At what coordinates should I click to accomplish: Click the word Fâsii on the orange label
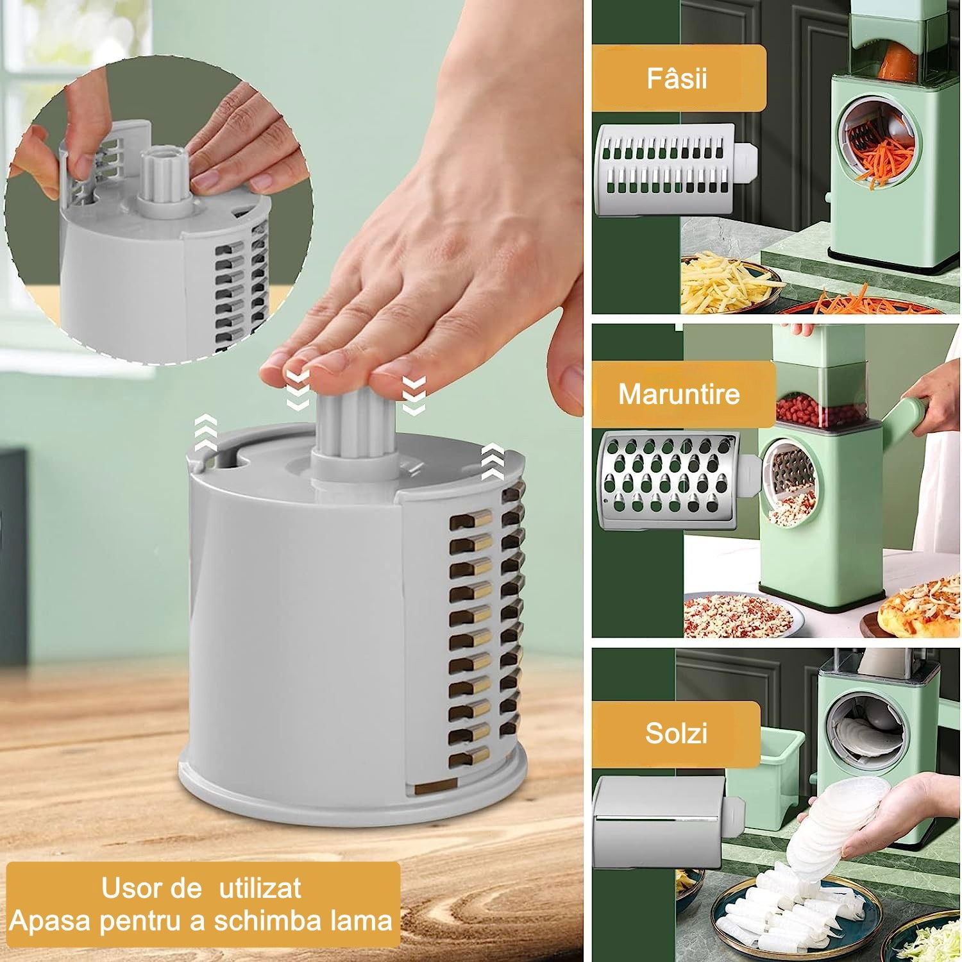click(x=677, y=78)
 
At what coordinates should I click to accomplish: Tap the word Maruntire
click(x=679, y=394)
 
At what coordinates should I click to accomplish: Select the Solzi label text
click(x=676, y=732)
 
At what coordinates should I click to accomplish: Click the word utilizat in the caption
click(x=260, y=888)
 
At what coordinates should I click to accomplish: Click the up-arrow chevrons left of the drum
click(x=205, y=431)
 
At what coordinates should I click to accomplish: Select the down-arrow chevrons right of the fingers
click(x=413, y=394)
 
